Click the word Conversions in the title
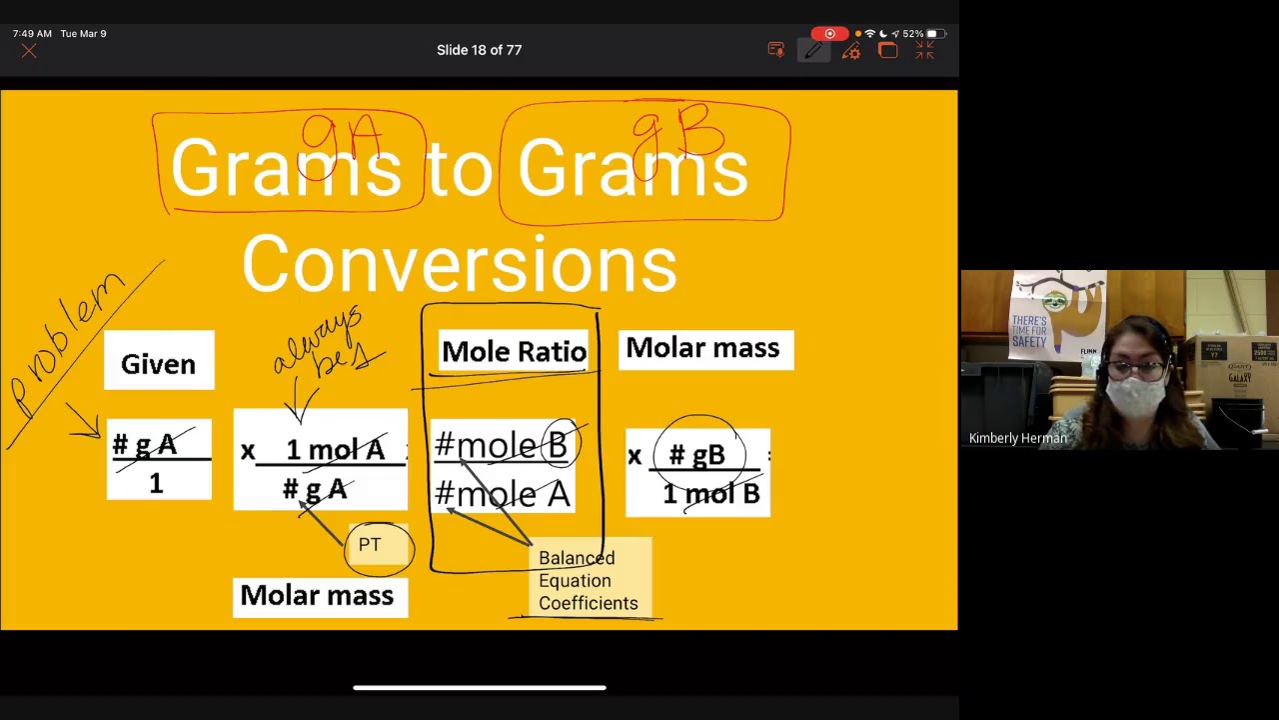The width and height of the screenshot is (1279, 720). tap(459, 265)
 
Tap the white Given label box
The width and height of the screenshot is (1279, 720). tap(159, 361)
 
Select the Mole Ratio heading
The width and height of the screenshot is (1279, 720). tap(514, 352)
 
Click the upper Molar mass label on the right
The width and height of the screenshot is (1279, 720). tap(704, 349)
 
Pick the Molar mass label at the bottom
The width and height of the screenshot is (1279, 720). tap(319, 596)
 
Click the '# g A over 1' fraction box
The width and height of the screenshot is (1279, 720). tap(158, 461)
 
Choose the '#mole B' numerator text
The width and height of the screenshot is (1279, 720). tap(501, 445)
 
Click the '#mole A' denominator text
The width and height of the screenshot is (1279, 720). tap(502, 493)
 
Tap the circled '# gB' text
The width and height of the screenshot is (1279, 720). tap(697, 456)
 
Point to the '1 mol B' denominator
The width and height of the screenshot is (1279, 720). tap(710, 494)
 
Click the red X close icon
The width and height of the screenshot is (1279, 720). tap(29, 51)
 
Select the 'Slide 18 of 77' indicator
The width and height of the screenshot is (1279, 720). tap(479, 50)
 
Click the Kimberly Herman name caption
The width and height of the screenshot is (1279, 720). tap(1018, 438)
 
